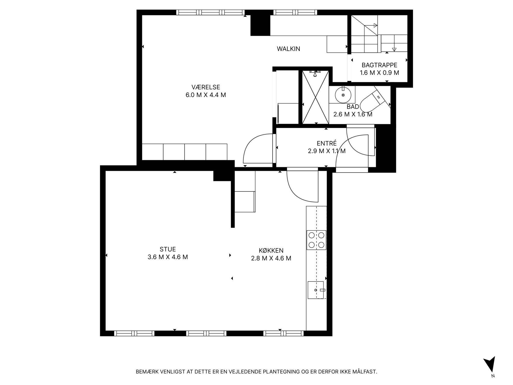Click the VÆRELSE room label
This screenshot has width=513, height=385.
tap(206, 87)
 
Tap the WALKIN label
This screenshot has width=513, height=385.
tap(288, 49)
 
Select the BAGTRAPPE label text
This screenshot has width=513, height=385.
tap(379, 65)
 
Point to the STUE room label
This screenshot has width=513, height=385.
tap(168, 249)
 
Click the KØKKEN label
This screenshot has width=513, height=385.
tap(271, 250)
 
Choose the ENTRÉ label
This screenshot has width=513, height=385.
tap(327, 143)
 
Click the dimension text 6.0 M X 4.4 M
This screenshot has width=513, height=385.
tap(206, 95)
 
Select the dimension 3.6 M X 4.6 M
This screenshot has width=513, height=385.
tap(168, 257)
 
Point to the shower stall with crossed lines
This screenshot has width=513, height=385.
tap(315, 97)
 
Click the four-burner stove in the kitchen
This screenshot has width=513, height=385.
tap(316, 240)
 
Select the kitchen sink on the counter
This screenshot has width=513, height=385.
tap(316, 290)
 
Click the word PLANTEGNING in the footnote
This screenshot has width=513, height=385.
tap(281, 372)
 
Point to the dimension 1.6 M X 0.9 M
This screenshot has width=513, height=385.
tap(379, 73)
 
